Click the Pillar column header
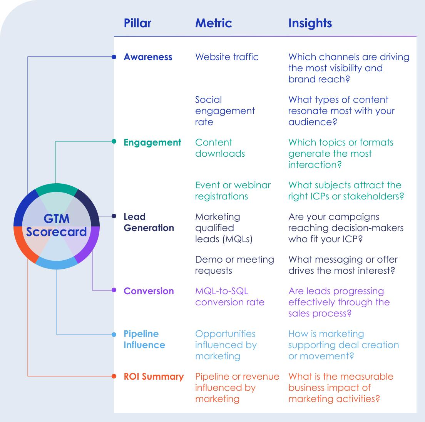coord(137,23)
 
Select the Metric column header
coord(213,23)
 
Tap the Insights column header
coord(310,23)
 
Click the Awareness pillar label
coord(148,57)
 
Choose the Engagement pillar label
coord(152,142)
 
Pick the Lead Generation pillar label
coord(149,222)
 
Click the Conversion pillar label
coord(149,291)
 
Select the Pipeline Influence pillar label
coord(144,339)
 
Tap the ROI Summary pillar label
coord(154,377)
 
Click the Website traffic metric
coord(227,57)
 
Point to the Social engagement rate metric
coord(225,111)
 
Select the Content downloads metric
coord(220,148)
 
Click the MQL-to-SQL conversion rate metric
coord(229,296)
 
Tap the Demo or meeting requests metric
coord(234,265)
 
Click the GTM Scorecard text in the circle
coord(57,226)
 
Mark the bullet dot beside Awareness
coord(114,57)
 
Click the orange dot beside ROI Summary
coord(114,376)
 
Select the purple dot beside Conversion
coord(114,290)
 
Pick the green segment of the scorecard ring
coord(56,188)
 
